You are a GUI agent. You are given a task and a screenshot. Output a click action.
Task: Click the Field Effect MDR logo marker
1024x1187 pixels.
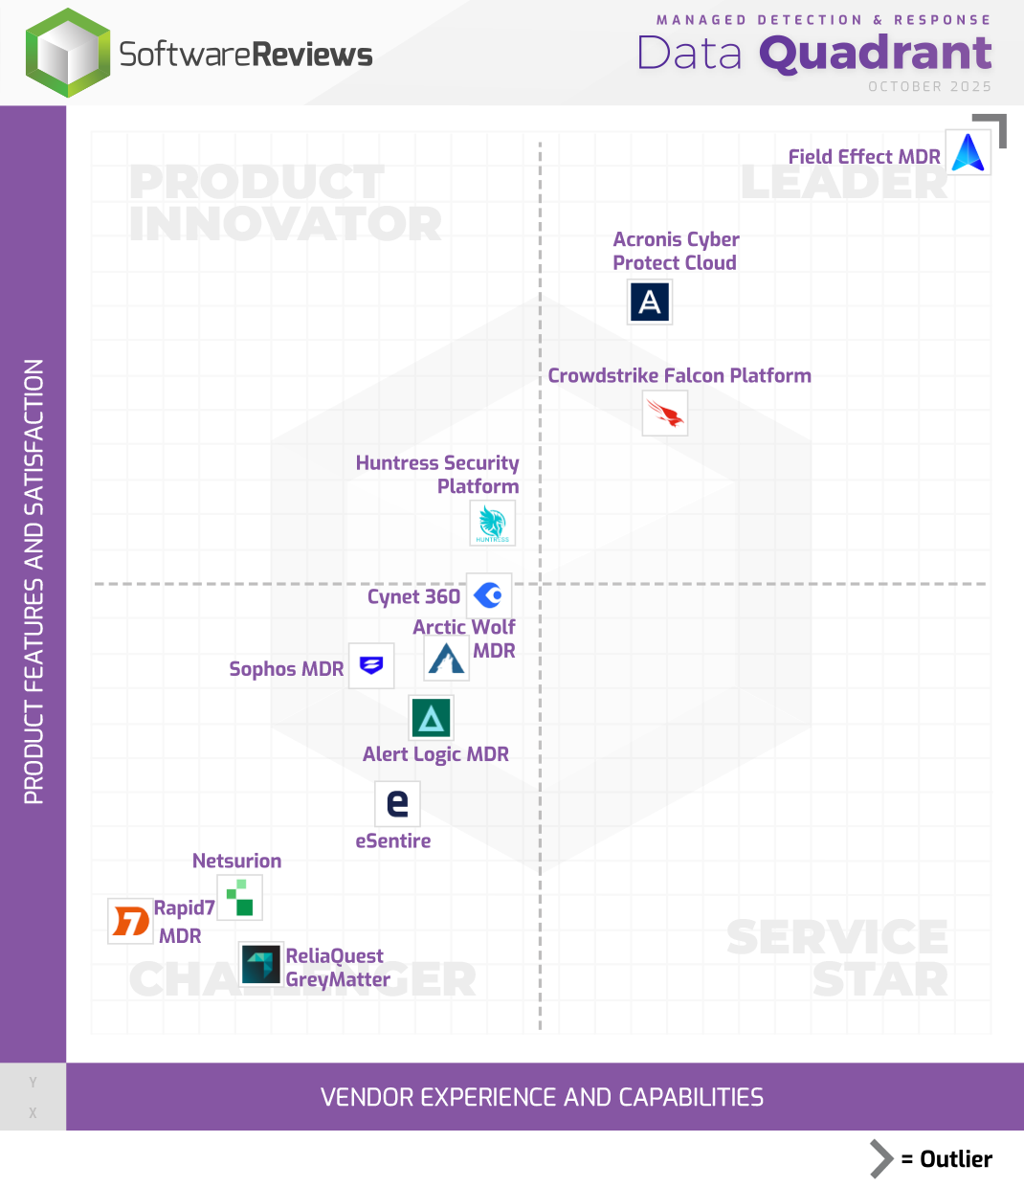click(968, 153)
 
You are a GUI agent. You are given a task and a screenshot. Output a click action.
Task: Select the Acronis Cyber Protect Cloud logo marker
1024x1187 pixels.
click(650, 302)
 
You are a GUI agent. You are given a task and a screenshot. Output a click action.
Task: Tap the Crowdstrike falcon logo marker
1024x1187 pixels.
click(665, 414)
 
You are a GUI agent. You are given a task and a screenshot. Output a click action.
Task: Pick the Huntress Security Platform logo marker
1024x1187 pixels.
click(493, 524)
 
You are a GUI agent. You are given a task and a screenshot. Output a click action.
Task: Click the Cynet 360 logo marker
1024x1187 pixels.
click(489, 595)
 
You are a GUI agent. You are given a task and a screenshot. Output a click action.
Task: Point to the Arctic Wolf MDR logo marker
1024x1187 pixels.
click(447, 658)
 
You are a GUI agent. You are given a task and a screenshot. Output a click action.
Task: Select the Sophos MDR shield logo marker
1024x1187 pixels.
click(371, 665)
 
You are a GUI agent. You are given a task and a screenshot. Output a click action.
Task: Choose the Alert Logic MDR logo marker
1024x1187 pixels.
click(431, 718)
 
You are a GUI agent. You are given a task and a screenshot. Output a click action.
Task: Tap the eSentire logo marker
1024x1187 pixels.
click(397, 803)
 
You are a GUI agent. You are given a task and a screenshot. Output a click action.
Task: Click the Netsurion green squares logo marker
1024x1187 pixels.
click(239, 899)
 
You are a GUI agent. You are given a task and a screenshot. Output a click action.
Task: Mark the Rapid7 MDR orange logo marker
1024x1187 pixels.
click(130, 921)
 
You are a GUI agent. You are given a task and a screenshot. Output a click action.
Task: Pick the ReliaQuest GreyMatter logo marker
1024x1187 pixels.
click(260, 964)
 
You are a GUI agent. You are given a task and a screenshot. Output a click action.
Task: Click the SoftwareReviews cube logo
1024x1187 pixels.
click(67, 54)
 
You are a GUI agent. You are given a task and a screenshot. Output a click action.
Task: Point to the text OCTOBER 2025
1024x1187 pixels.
click(929, 86)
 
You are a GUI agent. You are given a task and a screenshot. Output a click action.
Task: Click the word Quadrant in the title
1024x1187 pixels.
click(875, 54)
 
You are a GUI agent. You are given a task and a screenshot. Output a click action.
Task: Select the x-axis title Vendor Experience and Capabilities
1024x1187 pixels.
click(542, 1097)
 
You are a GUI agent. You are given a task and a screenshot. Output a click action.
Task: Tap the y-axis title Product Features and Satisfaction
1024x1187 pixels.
click(33, 582)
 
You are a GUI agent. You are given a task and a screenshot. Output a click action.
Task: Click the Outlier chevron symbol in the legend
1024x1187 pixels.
click(880, 1159)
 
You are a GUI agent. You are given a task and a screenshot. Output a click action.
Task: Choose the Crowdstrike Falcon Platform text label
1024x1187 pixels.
click(679, 375)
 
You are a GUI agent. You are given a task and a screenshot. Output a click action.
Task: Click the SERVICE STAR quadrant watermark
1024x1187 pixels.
click(837, 957)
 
